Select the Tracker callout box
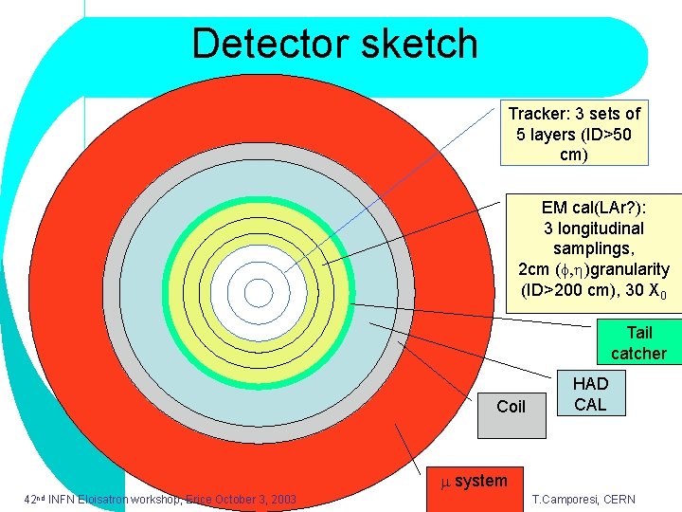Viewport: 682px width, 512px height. pyautogui.click(x=574, y=134)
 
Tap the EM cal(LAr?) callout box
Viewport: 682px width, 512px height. pyautogui.click(x=594, y=249)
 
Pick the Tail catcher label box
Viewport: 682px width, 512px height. pyautogui.click(x=638, y=343)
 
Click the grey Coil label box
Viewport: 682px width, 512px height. pyautogui.click(x=511, y=407)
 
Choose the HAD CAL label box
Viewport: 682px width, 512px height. pyautogui.click(x=590, y=393)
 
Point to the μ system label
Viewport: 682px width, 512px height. pyautogui.click(x=475, y=482)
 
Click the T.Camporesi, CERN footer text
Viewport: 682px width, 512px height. pyautogui.click(x=583, y=500)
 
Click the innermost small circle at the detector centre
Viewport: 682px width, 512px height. pyautogui.click(x=258, y=293)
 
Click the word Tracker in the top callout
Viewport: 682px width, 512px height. pyautogui.click(x=537, y=114)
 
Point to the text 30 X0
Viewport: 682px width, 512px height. pyautogui.click(x=650, y=291)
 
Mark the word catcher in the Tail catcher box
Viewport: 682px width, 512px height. pyautogui.click(x=638, y=354)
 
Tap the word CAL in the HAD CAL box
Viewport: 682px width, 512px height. pyautogui.click(x=590, y=405)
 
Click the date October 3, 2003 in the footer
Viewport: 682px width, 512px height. pyautogui.click(x=254, y=500)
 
